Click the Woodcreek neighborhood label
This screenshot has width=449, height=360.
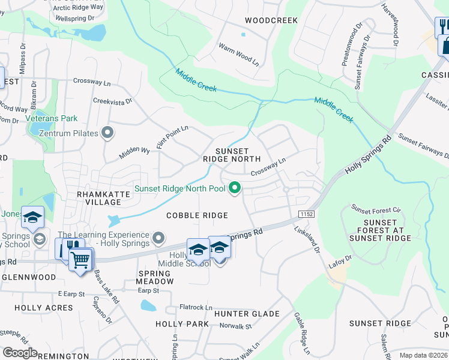point(271,20)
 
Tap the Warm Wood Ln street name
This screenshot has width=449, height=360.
point(238,54)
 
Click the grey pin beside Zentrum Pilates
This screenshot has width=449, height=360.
point(108,133)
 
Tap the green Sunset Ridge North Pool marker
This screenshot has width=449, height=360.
point(235,189)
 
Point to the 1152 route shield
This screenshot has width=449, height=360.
point(306,214)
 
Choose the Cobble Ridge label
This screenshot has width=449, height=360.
point(197,215)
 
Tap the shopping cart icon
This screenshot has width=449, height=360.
point(80,260)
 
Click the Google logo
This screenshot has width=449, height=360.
point(19,353)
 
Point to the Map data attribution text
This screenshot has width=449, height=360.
point(424,355)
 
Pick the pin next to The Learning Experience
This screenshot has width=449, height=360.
point(158,239)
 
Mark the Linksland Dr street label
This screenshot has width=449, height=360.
point(307,238)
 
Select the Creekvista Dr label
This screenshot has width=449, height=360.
point(112,103)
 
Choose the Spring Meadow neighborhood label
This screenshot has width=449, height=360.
point(155,277)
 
